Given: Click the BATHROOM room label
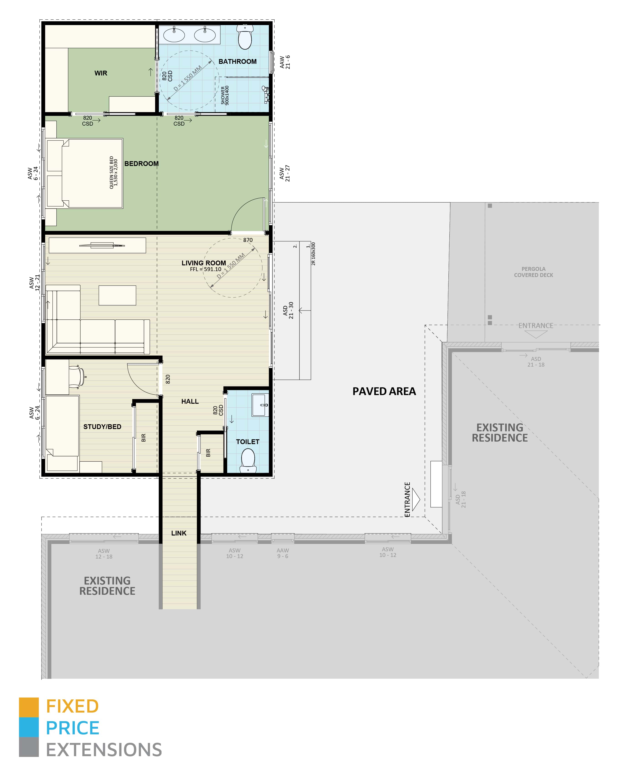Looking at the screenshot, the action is coord(237,62).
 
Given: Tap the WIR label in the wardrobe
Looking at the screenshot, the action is coord(101,73).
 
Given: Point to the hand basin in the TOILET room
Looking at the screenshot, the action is coord(260,405).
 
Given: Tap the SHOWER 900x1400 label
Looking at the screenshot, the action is coord(225,95).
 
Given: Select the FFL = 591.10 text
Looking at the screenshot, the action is coord(206,269).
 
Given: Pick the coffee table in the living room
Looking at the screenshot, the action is coord(117,295).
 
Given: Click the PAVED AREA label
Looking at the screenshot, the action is coord(384,391).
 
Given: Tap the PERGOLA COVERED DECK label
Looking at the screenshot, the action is coord(534,272).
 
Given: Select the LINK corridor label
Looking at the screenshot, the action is coord(179,533).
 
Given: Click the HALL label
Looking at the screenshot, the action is coord(190,401).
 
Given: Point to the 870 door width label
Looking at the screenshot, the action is coord(248,240).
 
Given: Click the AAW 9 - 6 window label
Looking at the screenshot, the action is coord(283,553).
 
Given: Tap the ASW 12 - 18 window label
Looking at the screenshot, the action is coord(104,554).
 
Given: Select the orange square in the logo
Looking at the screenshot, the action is coord(29,707).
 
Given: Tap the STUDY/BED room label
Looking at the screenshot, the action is coord(102,427).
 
